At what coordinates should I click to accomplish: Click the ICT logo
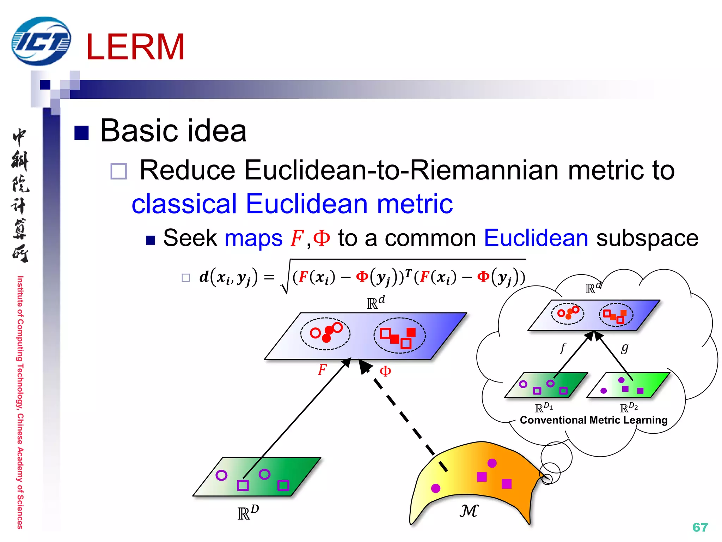point(41,41)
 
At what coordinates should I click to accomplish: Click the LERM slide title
point(135,47)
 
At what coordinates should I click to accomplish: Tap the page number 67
point(700,527)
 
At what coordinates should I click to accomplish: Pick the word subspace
point(647,239)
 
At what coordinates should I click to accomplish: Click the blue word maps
point(253,239)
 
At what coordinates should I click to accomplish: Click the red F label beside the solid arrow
point(322,370)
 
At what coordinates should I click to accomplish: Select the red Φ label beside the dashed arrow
point(385,371)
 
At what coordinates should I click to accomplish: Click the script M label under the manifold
point(469,511)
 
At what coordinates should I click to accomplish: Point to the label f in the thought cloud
point(563,348)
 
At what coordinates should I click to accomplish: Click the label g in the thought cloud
point(625,348)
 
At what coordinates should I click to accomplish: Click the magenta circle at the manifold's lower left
point(436,488)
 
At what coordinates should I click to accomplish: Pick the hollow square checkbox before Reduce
point(118,171)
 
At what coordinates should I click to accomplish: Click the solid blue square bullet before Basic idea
point(81,133)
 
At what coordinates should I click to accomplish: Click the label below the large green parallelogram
point(248,513)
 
